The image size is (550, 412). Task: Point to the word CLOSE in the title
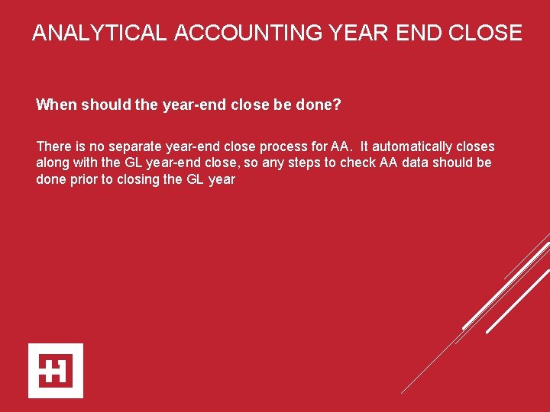[x=485, y=34]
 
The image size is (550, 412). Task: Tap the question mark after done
[x=337, y=105]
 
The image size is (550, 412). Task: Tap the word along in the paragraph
[x=53, y=163]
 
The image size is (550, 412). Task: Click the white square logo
[x=56, y=370]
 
